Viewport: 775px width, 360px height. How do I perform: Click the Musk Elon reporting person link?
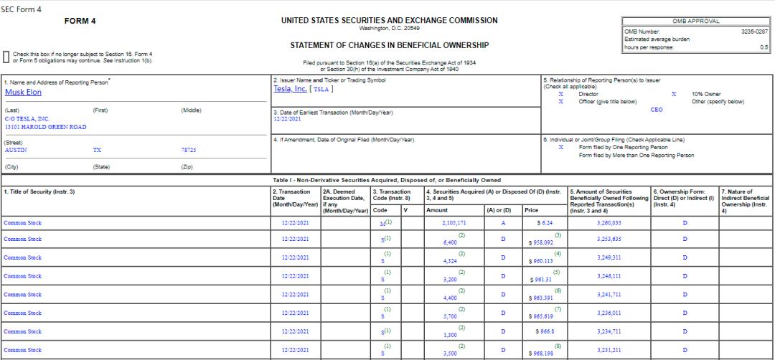[x=23, y=93]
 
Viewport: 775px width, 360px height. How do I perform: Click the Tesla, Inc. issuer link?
[x=291, y=89]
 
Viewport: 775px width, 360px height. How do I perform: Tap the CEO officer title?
[x=656, y=110]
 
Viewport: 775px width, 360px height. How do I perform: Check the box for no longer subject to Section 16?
[x=6, y=57]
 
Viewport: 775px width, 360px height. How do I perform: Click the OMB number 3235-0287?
[x=754, y=31]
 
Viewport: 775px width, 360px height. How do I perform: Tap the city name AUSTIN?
[x=15, y=151]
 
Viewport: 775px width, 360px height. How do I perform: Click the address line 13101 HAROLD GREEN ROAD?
[x=45, y=127]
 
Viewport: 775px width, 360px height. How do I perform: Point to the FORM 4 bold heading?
[x=80, y=21]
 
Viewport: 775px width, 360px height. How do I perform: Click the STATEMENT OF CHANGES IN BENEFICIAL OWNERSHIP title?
[x=389, y=45]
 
